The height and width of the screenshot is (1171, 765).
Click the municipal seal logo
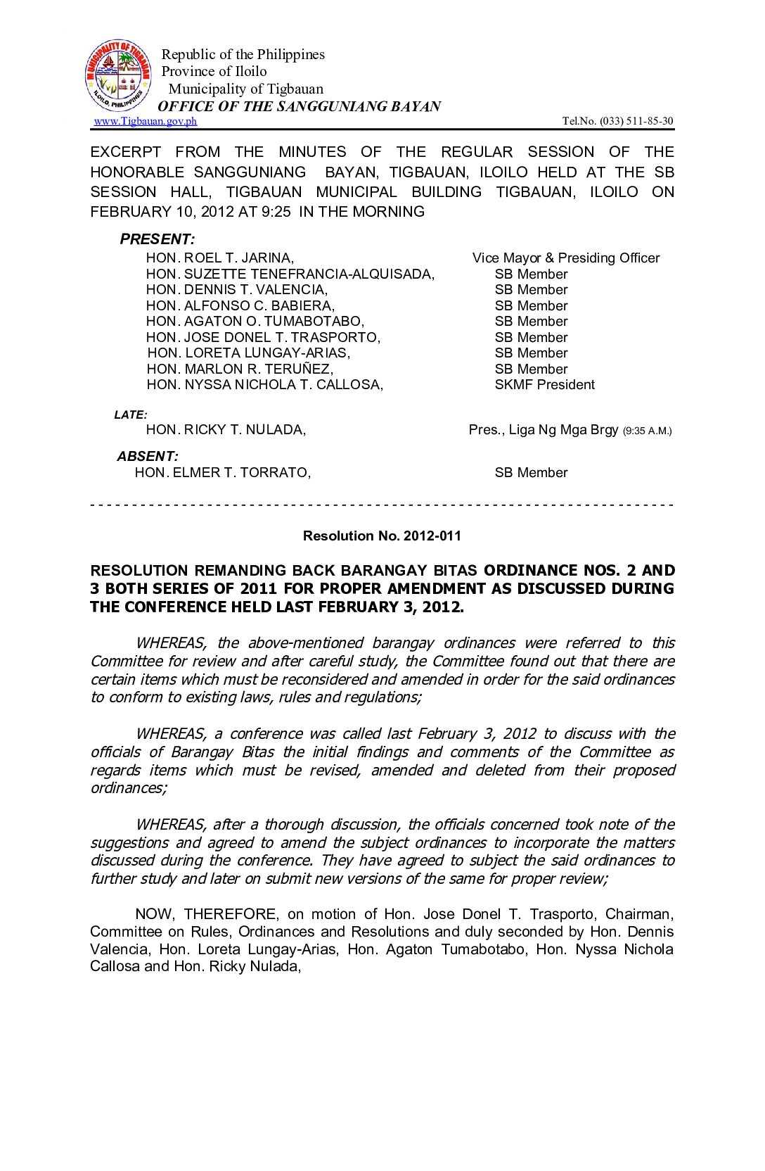pyautogui.click(x=118, y=76)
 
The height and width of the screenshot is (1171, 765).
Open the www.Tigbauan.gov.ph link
pyautogui.click(x=146, y=121)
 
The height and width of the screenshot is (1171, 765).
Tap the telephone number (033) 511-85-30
pyautogui.click(x=636, y=121)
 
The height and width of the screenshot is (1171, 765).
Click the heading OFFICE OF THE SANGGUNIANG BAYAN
pyautogui.click(x=299, y=106)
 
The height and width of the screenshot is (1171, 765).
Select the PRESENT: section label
pyautogui.click(x=157, y=239)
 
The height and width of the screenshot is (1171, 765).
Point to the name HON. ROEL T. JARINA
pyautogui.click(x=220, y=258)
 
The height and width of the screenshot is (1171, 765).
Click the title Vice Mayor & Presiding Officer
pyautogui.click(x=566, y=258)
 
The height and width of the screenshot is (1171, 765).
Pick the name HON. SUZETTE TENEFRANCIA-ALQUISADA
pyautogui.click(x=290, y=274)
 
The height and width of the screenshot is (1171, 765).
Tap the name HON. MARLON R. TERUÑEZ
pyautogui.click(x=240, y=369)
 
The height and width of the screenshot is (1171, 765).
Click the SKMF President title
pyautogui.click(x=544, y=385)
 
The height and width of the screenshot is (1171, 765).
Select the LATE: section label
pyautogui.click(x=131, y=415)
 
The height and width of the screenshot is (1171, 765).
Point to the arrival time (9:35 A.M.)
pyautogui.click(x=647, y=431)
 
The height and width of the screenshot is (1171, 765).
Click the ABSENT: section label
pyautogui.click(x=148, y=457)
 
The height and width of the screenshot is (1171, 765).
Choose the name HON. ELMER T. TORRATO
pyautogui.click(x=223, y=473)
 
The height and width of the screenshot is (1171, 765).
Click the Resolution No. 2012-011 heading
pyautogui.click(x=382, y=536)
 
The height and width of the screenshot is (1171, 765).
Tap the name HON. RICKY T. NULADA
pyautogui.click(x=226, y=430)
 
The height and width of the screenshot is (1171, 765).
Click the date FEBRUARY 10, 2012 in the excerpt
pyautogui.click(x=144, y=212)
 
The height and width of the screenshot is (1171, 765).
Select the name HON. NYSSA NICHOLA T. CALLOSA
pyautogui.click(x=265, y=385)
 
